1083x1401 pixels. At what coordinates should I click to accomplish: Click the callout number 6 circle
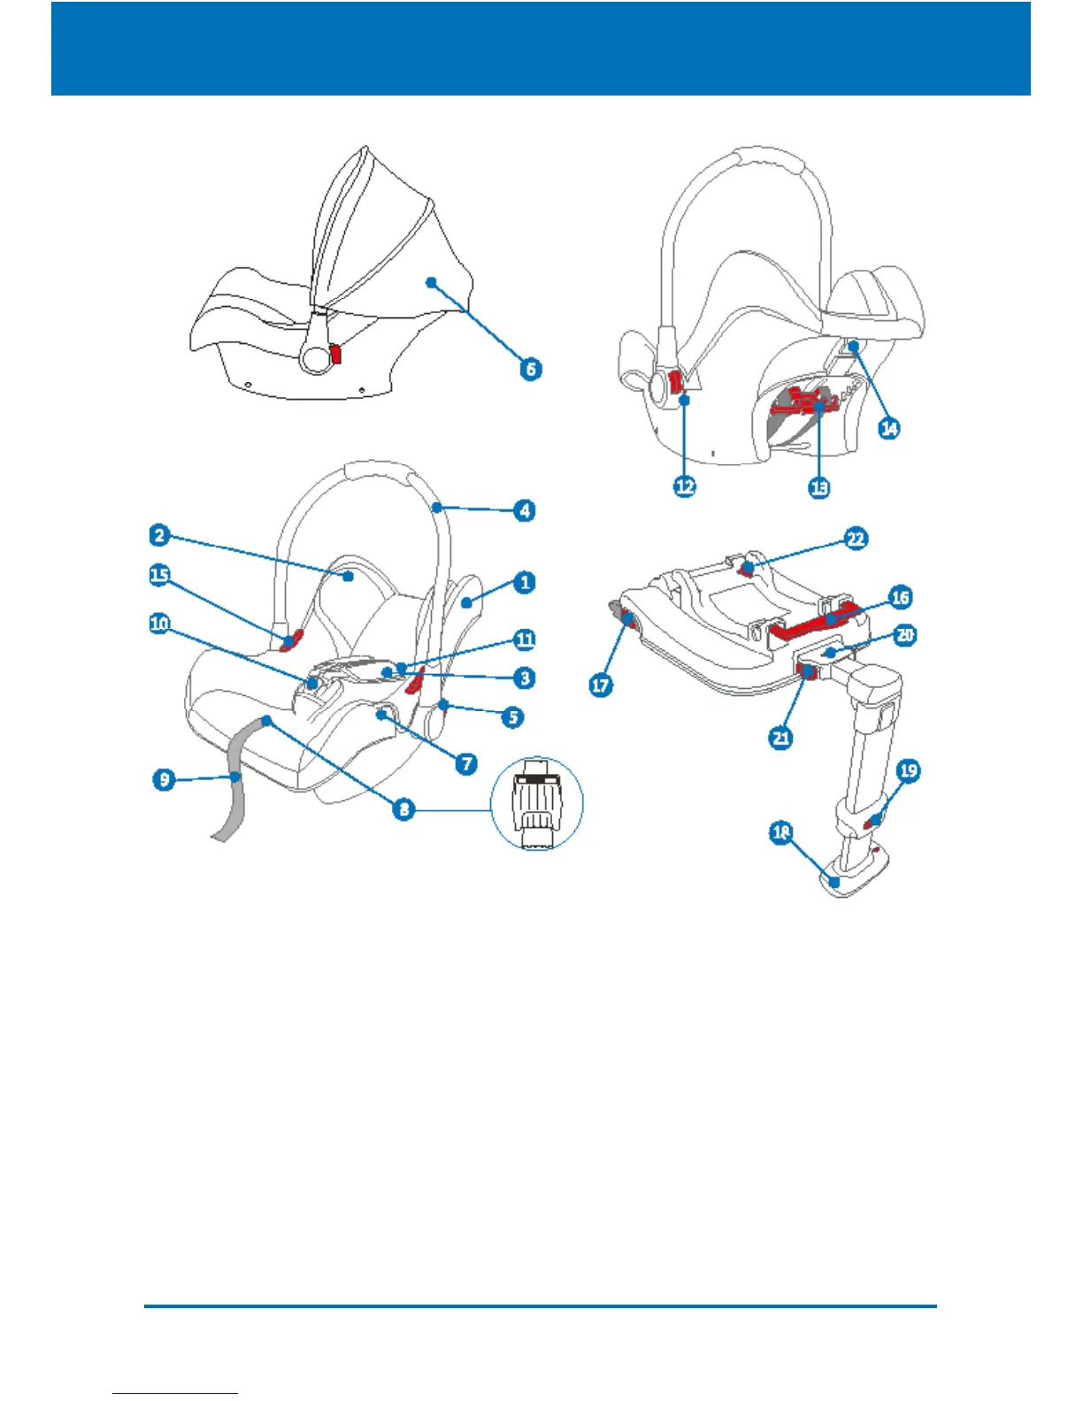(530, 369)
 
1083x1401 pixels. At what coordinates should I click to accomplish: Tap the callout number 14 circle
(888, 428)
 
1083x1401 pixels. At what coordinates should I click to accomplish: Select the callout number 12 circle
(685, 486)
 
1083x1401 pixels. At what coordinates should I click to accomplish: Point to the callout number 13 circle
(819, 486)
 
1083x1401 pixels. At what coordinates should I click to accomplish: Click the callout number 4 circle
(525, 510)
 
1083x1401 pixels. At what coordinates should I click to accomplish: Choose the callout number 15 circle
(159, 575)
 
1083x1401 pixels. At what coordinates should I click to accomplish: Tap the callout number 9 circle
(165, 779)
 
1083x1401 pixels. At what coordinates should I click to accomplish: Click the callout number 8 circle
(403, 808)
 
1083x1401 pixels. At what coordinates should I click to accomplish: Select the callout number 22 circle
(856, 539)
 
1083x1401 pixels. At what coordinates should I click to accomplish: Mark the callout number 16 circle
(900, 597)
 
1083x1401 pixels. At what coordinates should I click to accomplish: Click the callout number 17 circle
(601, 685)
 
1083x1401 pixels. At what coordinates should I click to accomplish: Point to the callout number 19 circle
(909, 770)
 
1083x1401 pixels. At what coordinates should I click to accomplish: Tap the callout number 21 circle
(781, 737)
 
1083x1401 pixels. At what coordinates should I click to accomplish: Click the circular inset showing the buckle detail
(537, 803)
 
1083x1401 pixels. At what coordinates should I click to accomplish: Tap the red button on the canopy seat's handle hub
(335, 354)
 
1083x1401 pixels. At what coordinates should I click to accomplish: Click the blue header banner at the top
(541, 49)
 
